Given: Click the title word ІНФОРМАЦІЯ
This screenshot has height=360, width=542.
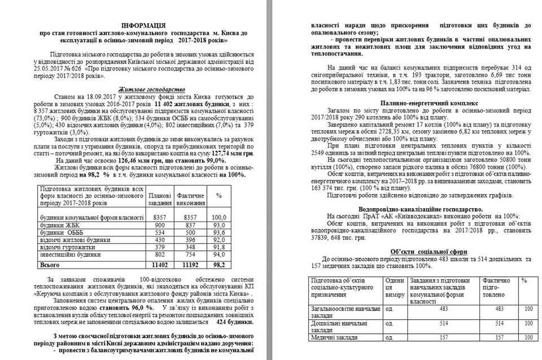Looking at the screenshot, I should pyautogui.click(x=143, y=27).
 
